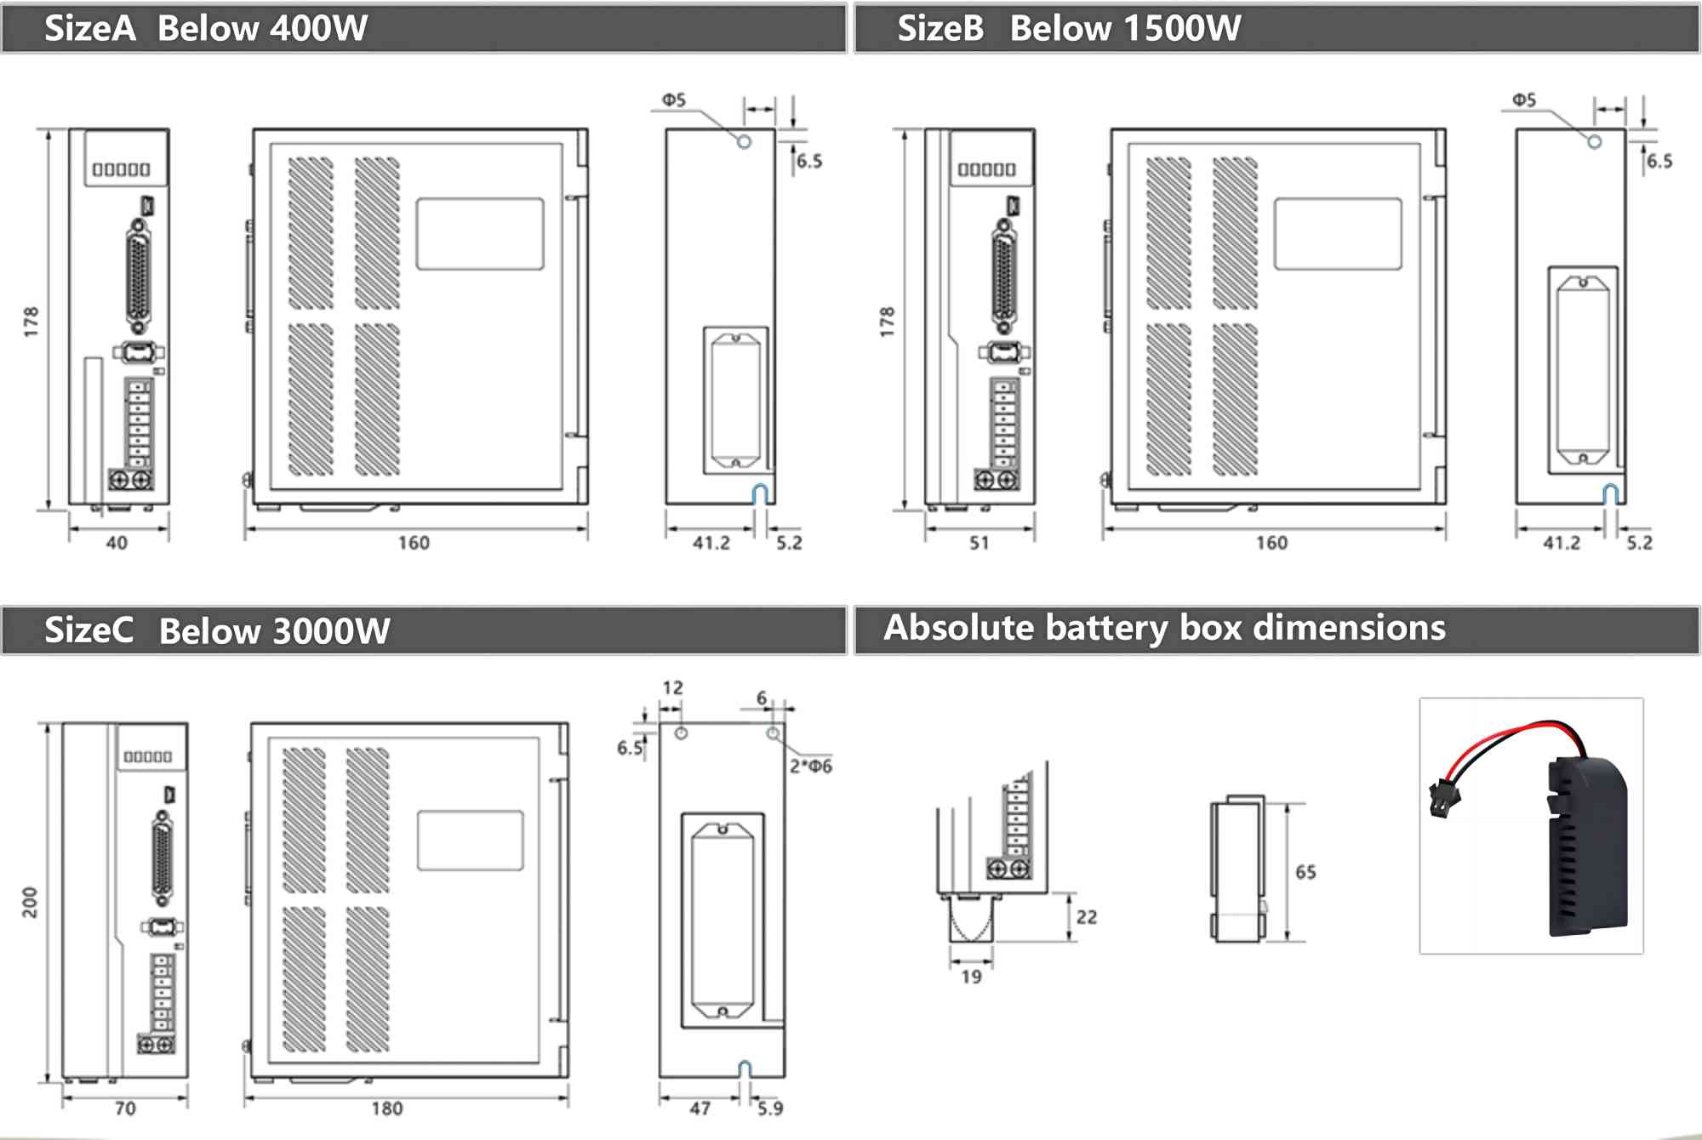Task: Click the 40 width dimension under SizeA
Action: coord(117,543)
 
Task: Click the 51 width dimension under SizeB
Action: coord(980,543)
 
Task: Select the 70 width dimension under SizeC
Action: coord(125,1109)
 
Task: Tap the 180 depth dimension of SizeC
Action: coord(387,1109)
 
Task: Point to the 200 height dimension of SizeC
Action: coord(30,902)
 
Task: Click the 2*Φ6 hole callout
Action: coord(810,766)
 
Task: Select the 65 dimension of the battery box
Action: coord(1305,872)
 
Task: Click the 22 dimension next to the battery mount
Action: coord(1087,917)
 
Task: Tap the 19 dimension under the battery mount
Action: coord(971,977)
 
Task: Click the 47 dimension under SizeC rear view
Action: coord(700,1109)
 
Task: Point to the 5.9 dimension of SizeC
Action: coord(770,1109)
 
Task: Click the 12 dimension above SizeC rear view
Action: coord(672,687)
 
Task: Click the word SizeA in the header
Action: coord(89,29)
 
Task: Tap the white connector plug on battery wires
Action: coord(1444,799)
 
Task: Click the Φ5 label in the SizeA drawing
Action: coord(674,100)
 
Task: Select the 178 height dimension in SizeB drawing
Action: coord(887,322)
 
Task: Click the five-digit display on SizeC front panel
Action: coord(148,756)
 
